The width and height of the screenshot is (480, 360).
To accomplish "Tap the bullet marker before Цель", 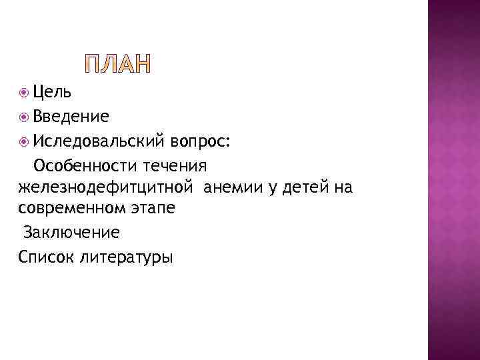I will [25, 93].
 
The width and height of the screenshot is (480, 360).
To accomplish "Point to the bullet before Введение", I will [25, 117].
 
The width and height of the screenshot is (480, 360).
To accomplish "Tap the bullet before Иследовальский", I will [25, 141].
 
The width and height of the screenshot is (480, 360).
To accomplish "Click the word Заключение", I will [72, 233].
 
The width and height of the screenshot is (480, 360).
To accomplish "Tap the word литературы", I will [125, 257].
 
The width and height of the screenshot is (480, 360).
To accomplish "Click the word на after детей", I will [343, 188].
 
